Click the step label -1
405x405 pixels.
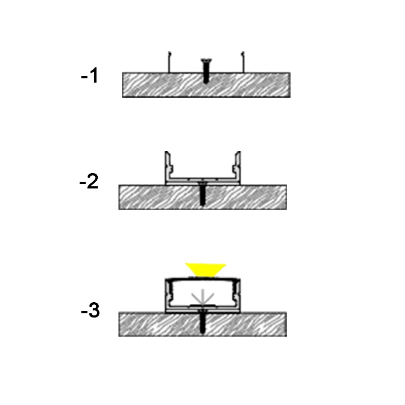90,75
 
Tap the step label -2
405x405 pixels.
89,181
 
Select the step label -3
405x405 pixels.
90,310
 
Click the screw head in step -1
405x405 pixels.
206,61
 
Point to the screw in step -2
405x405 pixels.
202,194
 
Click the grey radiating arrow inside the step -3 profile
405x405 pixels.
203,297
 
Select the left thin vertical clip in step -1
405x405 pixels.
169,62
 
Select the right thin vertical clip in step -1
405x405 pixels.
242,62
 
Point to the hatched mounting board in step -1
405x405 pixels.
206,85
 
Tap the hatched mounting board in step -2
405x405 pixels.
203,197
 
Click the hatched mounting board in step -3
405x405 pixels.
203,325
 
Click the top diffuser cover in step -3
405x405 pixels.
203,279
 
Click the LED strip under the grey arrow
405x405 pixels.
203,306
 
